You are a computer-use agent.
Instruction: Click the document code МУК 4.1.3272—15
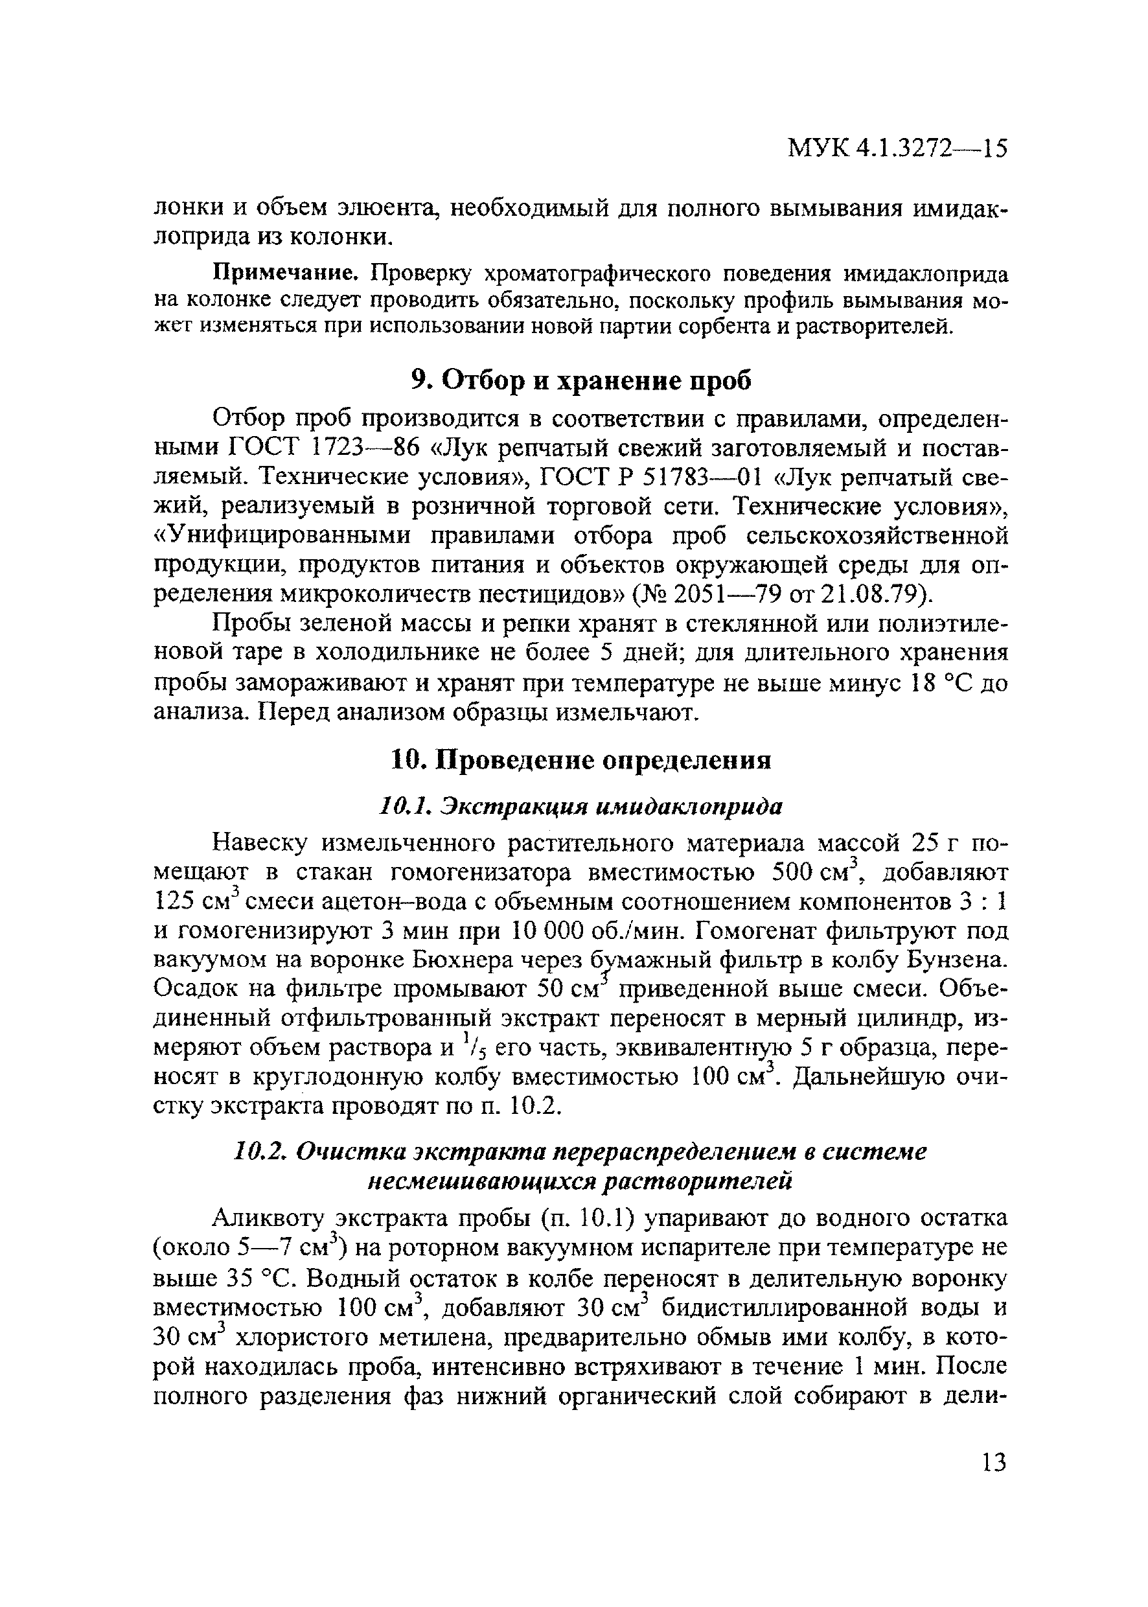pyautogui.click(x=897, y=149)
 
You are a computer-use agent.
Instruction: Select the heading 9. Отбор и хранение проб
pyautogui.click(x=581, y=380)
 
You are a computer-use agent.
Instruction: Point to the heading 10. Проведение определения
pyautogui.click(x=581, y=761)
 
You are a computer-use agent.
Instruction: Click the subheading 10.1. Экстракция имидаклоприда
pyautogui.click(x=581, y=806)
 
